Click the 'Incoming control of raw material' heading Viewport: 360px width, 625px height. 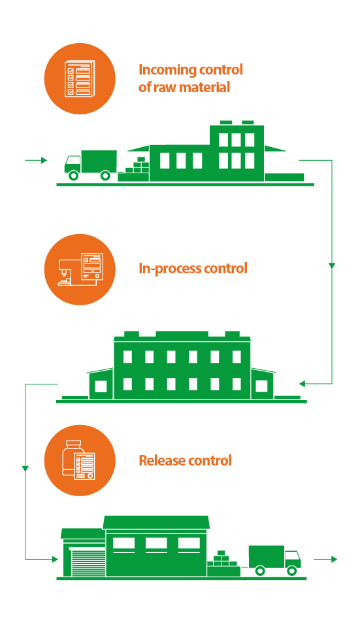190,78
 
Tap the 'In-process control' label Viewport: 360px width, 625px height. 193,268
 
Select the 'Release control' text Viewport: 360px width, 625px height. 185,460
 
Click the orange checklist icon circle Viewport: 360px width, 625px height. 80,78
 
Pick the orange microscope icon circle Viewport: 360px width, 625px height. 80,269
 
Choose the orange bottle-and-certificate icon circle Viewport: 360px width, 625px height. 80,460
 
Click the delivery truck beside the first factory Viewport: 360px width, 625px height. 91,165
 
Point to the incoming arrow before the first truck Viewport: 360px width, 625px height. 36,160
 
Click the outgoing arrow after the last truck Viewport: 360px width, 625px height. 326,559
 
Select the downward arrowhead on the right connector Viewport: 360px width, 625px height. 332,265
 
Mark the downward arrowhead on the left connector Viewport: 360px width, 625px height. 25,468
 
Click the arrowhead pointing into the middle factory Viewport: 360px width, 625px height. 302,384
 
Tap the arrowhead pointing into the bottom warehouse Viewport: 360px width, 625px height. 55,559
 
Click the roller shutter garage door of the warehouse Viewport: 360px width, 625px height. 88,562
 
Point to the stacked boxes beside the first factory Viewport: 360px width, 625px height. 134,169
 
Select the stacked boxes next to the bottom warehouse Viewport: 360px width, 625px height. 223,563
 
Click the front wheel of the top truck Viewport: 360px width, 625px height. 73,175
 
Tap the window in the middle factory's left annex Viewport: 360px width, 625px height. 101,386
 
